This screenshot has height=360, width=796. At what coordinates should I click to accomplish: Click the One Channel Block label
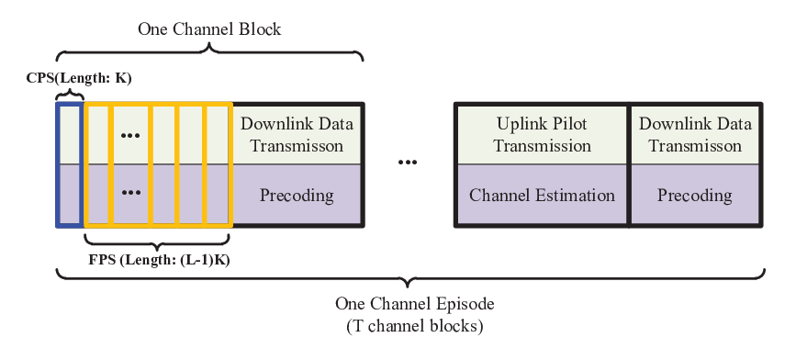coord(209,29)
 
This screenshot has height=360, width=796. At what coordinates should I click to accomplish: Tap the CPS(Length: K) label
coord(79,79)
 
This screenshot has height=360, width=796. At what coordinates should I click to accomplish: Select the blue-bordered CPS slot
coord(69,164)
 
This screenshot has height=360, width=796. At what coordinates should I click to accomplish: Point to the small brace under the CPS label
coord(69,96)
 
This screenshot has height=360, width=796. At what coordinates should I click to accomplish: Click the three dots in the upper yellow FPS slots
coord(131,136)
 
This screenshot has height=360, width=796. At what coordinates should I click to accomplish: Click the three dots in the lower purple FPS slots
coord(131,193)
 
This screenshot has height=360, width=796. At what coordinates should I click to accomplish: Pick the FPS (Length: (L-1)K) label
coord(158,261)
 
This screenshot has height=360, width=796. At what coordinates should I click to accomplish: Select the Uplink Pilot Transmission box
coord(543,135)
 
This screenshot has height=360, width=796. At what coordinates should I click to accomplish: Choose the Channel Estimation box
coord(543,195)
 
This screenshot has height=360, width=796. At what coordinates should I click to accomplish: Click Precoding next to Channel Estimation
coord(695,195)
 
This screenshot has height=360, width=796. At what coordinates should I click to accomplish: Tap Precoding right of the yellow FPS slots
coord(297,195)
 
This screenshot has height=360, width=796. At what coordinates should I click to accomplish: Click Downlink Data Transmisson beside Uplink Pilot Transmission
coord(695,135)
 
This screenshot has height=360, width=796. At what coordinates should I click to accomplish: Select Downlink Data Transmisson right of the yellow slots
coord(297,135)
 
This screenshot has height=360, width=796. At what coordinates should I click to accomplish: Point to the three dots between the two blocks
coord(408,163)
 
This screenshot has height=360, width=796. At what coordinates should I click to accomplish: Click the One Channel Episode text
coord(415,304)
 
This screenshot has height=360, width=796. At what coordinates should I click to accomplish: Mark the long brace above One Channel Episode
coord(410,277)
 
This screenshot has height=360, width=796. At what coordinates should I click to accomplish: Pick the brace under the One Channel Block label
coord(209,51)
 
